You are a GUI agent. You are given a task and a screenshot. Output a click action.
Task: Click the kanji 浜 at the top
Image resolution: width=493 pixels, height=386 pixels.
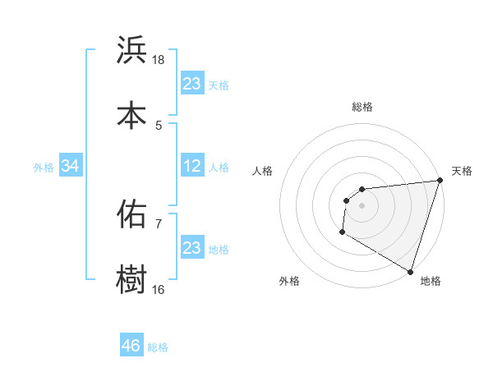point(132,51)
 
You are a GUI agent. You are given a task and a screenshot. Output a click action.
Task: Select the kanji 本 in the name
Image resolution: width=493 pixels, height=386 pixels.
point(132,116)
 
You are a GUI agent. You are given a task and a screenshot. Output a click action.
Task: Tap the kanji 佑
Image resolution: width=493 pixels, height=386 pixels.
point(132,214)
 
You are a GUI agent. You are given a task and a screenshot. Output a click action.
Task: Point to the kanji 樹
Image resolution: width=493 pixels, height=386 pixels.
point(132,279)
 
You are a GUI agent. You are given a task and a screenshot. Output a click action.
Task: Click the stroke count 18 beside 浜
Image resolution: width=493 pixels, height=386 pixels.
point(159,60)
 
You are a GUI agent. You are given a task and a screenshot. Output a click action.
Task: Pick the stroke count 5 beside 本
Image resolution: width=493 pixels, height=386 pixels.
point(159,125)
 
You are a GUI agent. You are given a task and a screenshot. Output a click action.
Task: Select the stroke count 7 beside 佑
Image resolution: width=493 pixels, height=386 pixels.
point(159,223)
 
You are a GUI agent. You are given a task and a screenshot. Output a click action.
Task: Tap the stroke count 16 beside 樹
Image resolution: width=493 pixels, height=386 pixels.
point(159,289)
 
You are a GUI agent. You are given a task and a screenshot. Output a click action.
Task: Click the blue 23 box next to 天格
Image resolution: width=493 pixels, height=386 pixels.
point(192,84)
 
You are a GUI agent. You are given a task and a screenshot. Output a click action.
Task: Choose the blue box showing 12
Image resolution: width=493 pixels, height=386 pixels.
point(192,166)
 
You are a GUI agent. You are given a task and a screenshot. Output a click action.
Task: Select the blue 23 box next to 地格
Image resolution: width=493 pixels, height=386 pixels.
point(192,248)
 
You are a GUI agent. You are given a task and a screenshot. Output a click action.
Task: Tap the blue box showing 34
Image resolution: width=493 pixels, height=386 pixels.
point(71,166)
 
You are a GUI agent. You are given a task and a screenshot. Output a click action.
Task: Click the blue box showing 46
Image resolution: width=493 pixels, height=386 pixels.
point(131,346)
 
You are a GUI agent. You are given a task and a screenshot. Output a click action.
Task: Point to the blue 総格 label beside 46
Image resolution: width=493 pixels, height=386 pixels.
point(158,347)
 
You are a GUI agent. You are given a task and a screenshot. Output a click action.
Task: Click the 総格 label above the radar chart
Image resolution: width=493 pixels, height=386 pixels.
point(362,107)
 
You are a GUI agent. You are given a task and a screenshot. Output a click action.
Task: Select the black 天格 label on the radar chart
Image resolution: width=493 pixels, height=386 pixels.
point(462,171)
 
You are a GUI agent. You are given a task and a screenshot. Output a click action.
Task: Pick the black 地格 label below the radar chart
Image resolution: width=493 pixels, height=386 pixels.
point(431,281)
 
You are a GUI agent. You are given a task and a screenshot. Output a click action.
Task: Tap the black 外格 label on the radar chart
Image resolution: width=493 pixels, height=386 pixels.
point(289,281)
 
